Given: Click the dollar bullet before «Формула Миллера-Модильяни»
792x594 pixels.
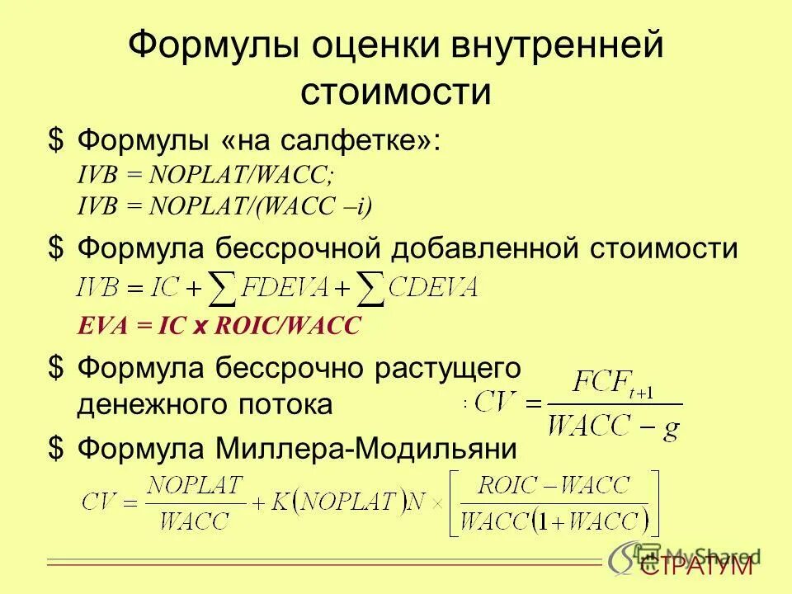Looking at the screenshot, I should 55,449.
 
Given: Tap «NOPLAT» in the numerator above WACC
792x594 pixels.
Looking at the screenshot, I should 196,483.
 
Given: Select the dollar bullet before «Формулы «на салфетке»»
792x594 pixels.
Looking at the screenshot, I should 55,141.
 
